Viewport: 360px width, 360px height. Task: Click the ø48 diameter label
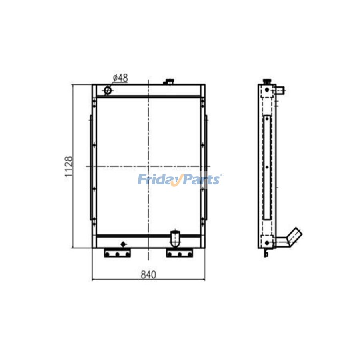pyautogui.click(x=120, y=78)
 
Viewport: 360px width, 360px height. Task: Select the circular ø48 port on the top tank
pyautogui.click(x=108, y=90)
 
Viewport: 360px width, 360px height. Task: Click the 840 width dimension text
pyautogui.click(x=148, y=275)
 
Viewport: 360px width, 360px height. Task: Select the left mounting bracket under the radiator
pyautogui.click(x=117, y=253)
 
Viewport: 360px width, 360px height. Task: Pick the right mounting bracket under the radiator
pyautogui.click(x=180, y=253)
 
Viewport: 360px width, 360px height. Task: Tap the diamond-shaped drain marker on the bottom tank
pyautogui.click(x=122, y=243)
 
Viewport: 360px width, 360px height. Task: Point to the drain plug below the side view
pyautogui.click(x=265, y=253)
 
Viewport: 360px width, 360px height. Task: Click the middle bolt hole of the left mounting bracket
pyautogui.click(x=117, y=254)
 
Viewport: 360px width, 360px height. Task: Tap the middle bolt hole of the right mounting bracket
pyautogui.click(x=180, y=254)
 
